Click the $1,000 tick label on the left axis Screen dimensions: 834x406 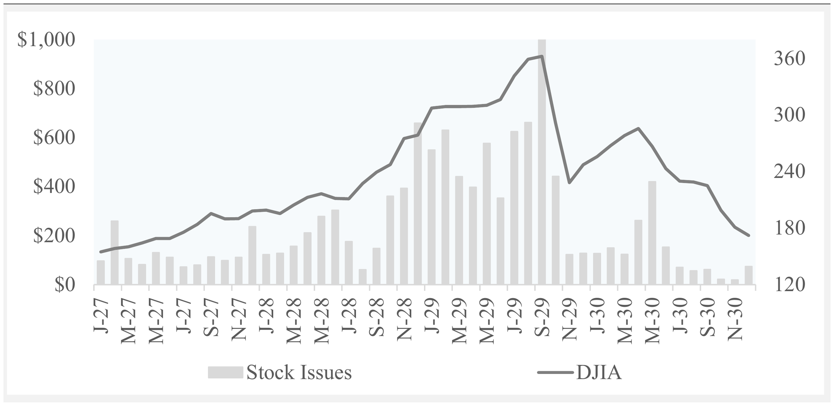[46, 40]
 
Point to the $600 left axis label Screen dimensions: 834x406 [54, 138]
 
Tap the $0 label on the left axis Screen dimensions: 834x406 [65, 285]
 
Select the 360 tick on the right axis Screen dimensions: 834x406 [789, 58]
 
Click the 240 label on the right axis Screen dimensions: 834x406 [789, 172]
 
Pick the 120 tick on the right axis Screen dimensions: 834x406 [789, 285]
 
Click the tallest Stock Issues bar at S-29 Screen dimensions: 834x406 [542, 162]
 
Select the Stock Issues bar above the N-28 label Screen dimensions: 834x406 [404, 236]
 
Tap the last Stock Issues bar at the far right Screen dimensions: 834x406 [749, 275]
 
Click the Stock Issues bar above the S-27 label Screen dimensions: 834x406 [211, 270]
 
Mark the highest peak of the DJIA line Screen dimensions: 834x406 [542, 56]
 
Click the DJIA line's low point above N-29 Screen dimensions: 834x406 [569, 183]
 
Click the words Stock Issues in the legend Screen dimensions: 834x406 [299, 373]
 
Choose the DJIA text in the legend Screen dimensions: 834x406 [599, 373]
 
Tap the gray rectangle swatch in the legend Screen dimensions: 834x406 [226, 373]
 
